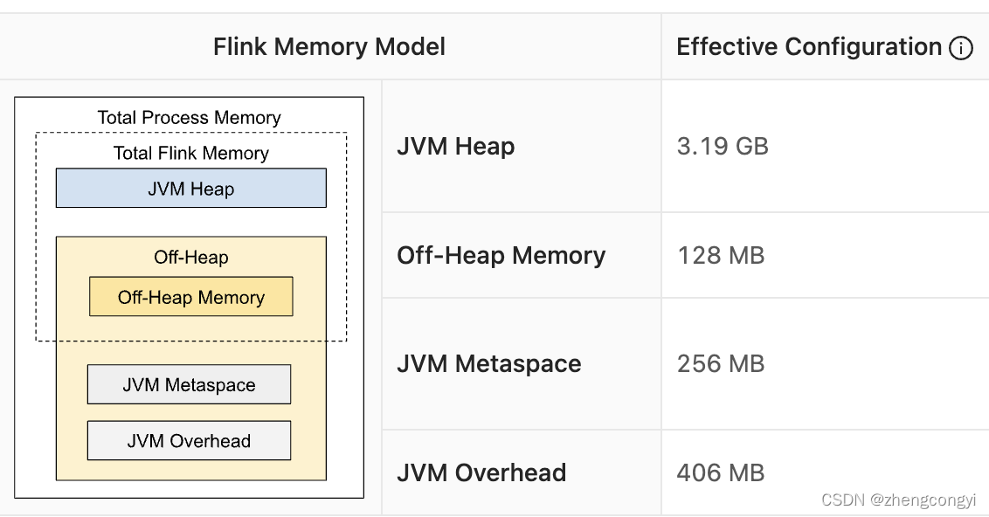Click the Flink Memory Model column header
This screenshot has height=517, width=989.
(329, 47)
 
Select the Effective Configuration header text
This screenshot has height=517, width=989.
(809, 47)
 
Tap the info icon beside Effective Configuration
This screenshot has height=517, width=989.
(960, 48)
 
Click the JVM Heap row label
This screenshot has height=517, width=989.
(455, 146)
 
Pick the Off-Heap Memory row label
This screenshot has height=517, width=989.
(501, 255)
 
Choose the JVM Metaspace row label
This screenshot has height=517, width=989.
(488, 363)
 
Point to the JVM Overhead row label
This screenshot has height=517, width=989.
(481, 472)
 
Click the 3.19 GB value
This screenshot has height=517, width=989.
(723, 146)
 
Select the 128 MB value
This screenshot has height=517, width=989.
(721, 255)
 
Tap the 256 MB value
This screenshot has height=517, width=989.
(721, 363)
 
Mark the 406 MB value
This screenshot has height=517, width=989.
(721, 472)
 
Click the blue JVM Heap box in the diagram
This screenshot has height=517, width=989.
(190, 189)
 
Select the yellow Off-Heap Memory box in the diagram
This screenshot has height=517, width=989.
(190, 297)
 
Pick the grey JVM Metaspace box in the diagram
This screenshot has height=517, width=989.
(189, 385)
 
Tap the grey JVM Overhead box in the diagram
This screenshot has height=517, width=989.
(189, 441)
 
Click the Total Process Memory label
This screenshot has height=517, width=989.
(189, 117)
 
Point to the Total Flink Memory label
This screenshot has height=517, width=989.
(190, 153)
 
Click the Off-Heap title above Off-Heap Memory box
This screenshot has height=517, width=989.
(190, 258)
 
